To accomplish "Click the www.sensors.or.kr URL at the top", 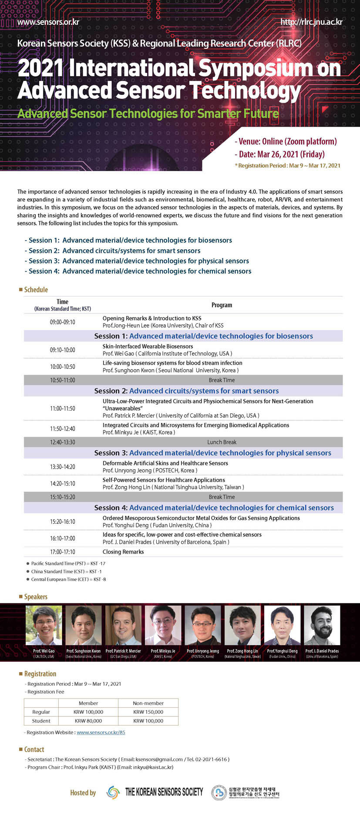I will point(48,22).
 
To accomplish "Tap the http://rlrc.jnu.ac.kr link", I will point(311,22).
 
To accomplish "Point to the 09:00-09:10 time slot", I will point(62,322).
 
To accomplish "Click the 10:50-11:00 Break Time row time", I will point(62,380).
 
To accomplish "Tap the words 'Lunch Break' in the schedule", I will point(222,442).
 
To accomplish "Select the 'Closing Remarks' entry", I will point(123,552).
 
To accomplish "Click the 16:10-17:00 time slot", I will point(62,538).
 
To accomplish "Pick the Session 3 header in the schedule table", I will point(212,453).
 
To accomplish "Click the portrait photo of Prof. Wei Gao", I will point(44,625).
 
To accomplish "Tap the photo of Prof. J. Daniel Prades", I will point(322,625).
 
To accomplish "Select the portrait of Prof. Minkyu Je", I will point(163,625).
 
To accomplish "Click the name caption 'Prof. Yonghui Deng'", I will point(282,651).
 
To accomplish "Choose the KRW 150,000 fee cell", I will point(148,712).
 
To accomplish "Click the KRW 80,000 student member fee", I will point(88,721).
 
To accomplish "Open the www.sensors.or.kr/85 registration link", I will point(101,732).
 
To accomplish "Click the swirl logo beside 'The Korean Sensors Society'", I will point(113,793).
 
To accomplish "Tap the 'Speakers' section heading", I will point(36,597).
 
